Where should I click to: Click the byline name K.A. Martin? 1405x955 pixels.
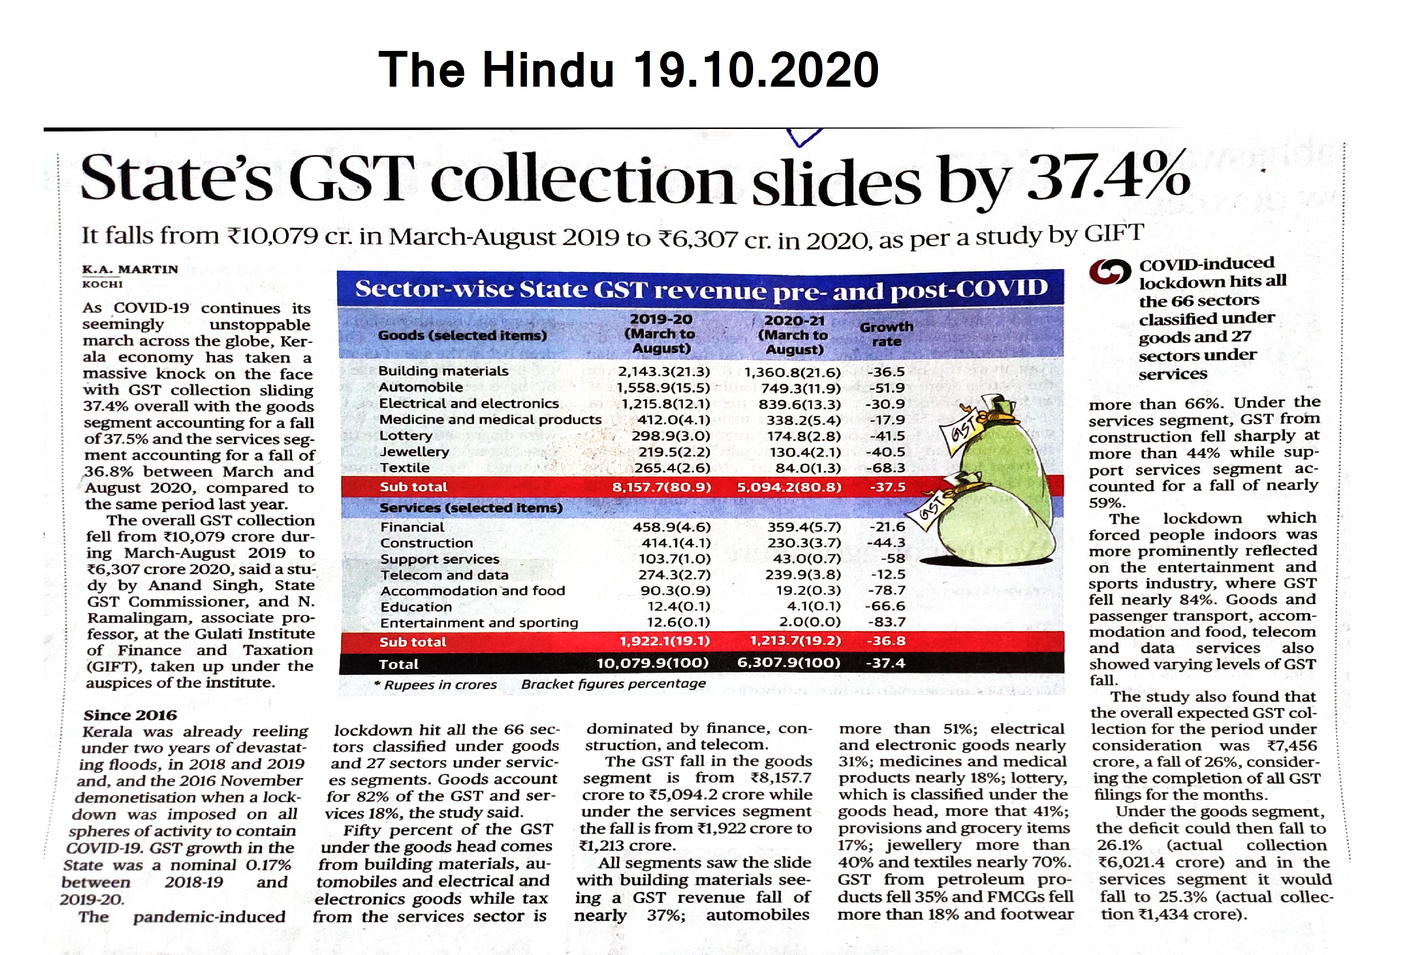click(130, 269)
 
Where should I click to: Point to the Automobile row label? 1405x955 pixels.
click(421, 387)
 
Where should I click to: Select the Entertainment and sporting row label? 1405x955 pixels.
click(479, 622)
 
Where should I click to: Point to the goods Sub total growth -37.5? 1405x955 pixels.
click(887, 487)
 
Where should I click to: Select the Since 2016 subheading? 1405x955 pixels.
click(130, 715)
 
